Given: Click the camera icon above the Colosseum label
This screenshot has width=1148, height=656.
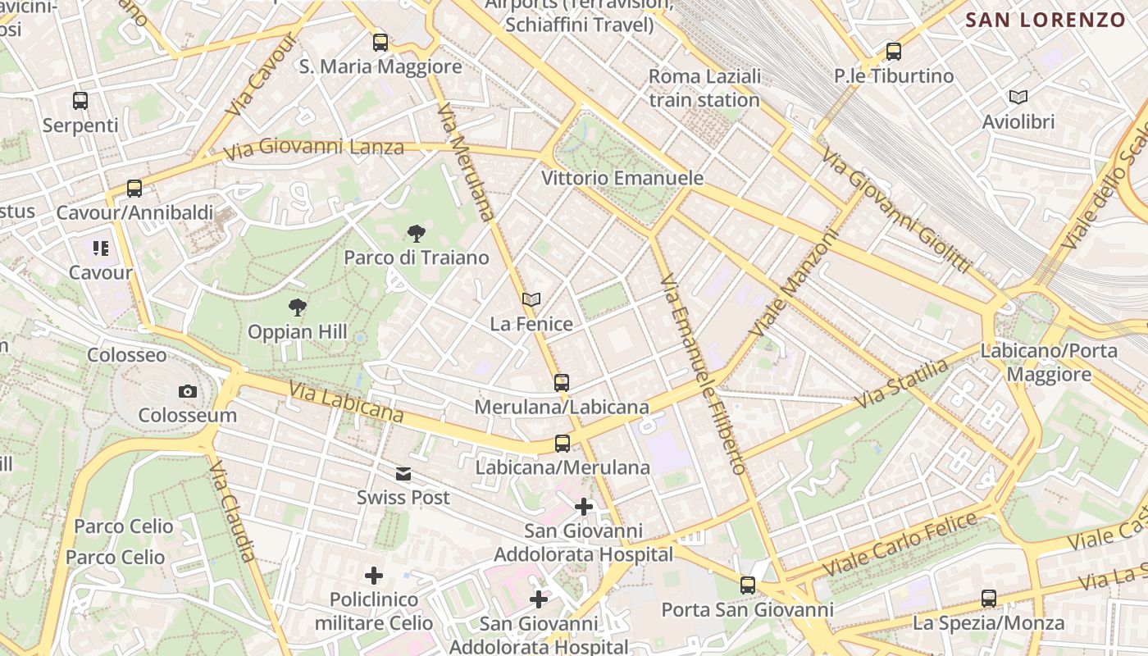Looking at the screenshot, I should coord(188,392).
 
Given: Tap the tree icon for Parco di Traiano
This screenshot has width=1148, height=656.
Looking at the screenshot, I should coord(417,234).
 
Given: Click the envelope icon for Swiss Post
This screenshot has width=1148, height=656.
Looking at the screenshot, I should coord(403,474).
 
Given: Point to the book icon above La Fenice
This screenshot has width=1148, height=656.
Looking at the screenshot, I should coord(531,300).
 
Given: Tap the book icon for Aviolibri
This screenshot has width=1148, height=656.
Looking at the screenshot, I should coord(1018,98).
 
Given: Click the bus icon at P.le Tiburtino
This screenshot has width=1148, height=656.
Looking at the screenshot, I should coord(894,52).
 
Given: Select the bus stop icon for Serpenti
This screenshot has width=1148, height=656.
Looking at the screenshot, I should coord(80,101).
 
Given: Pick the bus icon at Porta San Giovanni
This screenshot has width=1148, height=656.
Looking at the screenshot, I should coord(748,585).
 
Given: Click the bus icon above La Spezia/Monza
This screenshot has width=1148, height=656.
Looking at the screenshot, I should coord(989,599).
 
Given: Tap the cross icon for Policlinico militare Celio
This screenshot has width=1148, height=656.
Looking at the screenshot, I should coord(374,576).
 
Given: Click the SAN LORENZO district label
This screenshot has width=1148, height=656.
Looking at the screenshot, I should coord(1045,20).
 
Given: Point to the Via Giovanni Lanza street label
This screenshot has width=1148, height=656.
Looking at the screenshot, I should coord(315,148).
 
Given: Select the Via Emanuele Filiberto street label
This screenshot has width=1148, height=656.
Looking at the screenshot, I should coord(703,374).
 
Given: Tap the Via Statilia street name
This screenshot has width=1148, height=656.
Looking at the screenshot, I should coord(901,384).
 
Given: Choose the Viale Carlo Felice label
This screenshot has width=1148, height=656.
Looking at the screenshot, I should coord(900,544).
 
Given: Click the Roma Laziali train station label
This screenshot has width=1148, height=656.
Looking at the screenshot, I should coord(704,89).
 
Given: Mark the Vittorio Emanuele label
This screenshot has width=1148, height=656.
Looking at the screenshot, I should coord(622,178).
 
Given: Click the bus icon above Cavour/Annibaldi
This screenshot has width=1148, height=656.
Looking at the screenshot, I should coord(134,189).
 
